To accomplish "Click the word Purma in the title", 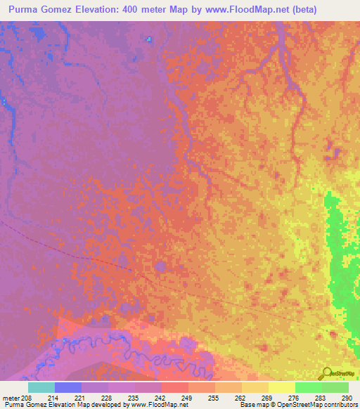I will point(26,9).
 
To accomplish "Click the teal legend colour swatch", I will point(41,387).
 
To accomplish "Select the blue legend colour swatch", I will point(68,387).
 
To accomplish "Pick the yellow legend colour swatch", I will point(282,387).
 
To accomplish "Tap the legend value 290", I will point(347,398).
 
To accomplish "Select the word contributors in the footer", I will point(342,405).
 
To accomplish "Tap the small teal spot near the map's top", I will point(148,39).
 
